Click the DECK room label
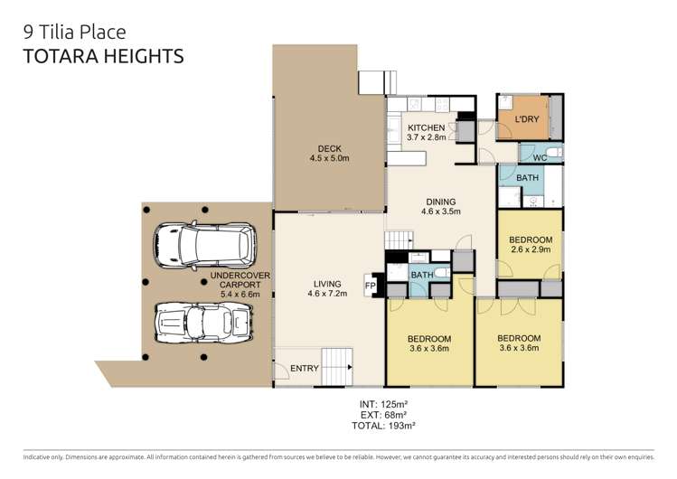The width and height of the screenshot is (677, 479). (329, 149)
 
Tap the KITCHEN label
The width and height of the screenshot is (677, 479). (426, 127)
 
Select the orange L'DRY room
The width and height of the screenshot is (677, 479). (523, 117)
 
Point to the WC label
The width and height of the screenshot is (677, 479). (540, 157)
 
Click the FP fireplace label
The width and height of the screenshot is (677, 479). (371, 286)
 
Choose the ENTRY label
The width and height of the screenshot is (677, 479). (305, 368)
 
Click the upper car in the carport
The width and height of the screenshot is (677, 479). (205, 245)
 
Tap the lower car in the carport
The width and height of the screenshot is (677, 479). (203, 323)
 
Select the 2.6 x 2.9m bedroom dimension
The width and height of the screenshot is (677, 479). (531, 249)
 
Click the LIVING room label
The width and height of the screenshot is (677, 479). (327, 284)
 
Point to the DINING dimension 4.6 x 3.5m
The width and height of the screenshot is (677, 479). (441, 211)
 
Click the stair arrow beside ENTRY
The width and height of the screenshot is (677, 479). (350, 367)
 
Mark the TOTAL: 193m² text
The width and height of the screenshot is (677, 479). (383, 426)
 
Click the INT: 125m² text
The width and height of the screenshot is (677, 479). (384, 404)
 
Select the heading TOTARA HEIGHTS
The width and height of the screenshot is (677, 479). (104, 57)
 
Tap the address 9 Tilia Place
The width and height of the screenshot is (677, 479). (75, 33)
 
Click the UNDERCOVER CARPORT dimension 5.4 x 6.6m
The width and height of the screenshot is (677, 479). (240, 295)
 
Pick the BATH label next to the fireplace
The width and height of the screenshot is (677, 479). (422, 275)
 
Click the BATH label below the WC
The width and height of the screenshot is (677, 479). (527, 178)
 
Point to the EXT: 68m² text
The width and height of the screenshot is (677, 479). (383, 415)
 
